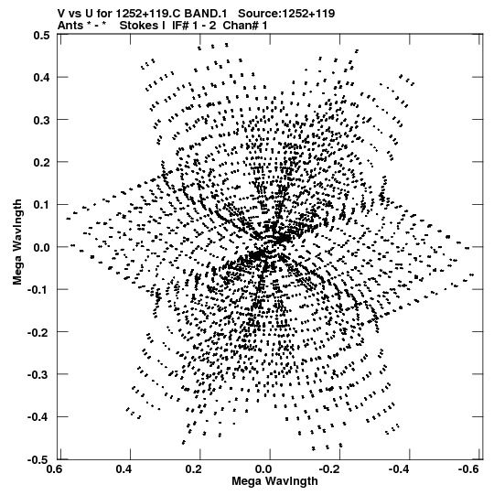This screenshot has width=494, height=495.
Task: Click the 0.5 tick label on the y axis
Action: pyautogui.click(x=41, y=35)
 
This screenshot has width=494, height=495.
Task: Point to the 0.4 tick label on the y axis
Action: pyautogui.click(x=41, y=78)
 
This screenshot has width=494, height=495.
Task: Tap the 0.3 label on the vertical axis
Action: pyautogui.click(x=41, y=120)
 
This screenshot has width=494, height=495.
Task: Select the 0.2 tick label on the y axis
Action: pyautogui.click(x=41, y=162)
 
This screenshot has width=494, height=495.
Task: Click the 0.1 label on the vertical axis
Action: pyautogui.click(x=41, y=205)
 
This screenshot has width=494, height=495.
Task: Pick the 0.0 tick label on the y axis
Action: pyautogui.click(x=41, y=247)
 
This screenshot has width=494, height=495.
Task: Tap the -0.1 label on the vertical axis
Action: pyautogui.click(x=38, y=289)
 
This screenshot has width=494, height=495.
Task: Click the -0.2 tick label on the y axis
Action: pyautogui.click(x=38, y=332)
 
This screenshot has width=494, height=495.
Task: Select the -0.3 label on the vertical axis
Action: pyautogui.click(x=38, y=374)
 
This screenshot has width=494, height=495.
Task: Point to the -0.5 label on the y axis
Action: pyautogui.click(x=38, y=459)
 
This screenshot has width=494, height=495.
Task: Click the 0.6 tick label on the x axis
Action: pyautogui.click(x=54, y=469)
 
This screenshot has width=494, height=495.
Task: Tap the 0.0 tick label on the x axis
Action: pyautogui.click(x=263, y=469)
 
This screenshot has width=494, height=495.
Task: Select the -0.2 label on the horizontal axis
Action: pyautogui.click(x=330, y=469)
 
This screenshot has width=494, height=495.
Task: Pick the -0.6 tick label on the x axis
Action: pyautogui.click(x=470, y=469)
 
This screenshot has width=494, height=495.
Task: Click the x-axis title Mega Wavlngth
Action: pyautogui.click(x=274, y=482)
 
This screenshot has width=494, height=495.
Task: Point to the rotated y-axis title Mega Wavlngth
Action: pyautogui.click(x=17, y=242)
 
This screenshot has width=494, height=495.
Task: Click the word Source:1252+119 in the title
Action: pyautogui.click(x=286, y=14)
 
